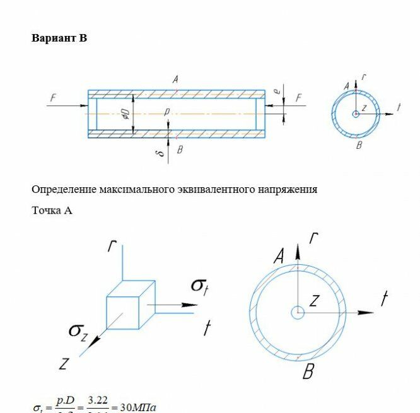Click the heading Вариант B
pos(59,38)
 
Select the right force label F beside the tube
pos(299,97)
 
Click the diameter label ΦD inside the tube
pos(125,113)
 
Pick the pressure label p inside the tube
pos(166,112)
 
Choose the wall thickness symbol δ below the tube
pos(161,152)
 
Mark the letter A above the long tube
pos(175,80)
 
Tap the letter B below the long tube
pos(180,149)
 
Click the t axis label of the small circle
pos(399,107)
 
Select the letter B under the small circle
pos(359,145)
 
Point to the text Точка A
pos(52,211)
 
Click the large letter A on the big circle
pos(278,256)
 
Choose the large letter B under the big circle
pos(308,373)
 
